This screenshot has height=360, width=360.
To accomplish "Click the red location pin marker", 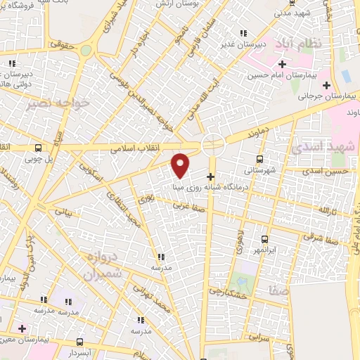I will coord(181,165).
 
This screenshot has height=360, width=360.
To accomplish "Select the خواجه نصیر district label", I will coord(49,104).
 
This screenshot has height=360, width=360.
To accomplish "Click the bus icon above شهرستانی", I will coord(260,159).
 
